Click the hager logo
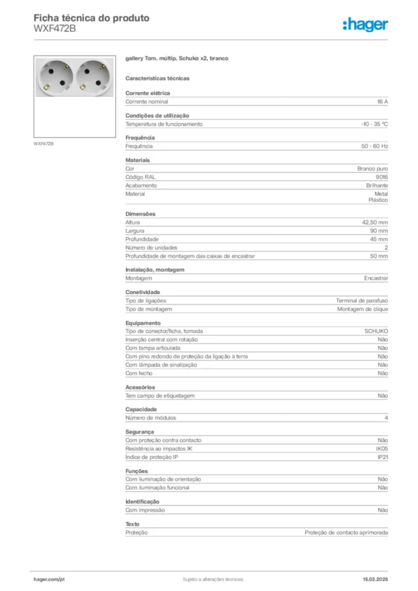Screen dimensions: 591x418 365,24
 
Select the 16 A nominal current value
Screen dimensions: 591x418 382,102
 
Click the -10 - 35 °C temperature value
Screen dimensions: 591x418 374,124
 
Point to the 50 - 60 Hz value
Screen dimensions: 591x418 375,147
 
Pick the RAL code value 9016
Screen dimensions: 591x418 382,177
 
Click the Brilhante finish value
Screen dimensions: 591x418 377,186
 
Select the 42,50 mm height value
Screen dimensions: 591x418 375,222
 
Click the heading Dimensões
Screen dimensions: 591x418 140,214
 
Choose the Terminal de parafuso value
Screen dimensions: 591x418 362,301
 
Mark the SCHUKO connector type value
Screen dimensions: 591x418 376,331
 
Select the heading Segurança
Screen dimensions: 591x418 140,432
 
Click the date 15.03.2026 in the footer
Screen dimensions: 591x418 375,579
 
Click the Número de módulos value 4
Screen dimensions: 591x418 386,418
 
